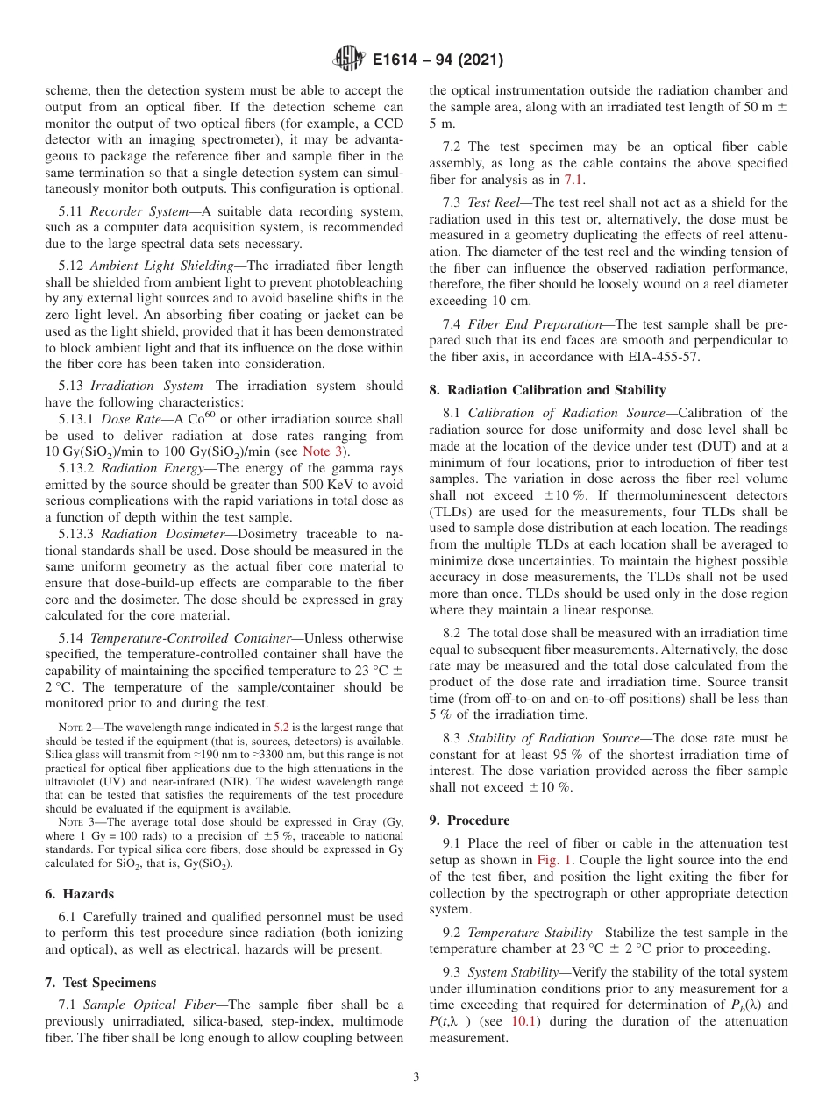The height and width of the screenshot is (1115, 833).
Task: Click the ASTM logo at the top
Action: pos(349,60)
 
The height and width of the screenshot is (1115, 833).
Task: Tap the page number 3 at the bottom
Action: pos(416,1077)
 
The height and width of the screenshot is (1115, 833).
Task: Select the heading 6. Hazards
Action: pos(79,893)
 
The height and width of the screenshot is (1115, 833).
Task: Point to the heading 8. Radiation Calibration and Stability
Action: pos(547,390)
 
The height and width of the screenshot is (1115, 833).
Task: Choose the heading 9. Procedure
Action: pos(469,820)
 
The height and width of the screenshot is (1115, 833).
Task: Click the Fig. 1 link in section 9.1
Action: pos(555,860)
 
